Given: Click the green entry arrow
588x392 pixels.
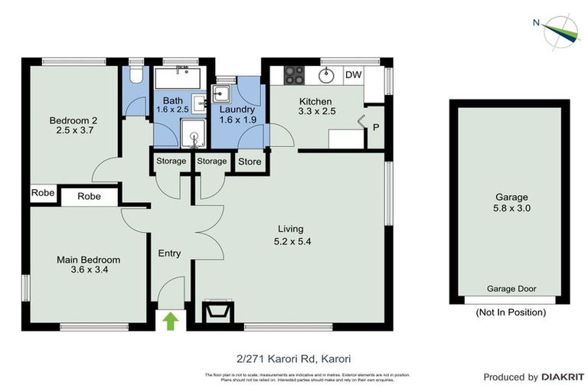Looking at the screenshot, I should tap(171, 320).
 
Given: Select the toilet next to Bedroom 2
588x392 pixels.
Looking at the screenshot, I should tap(135, 74).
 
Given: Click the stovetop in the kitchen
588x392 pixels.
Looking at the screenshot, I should tap(295, 75).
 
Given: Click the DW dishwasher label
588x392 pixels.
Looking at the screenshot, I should tap(353, 74).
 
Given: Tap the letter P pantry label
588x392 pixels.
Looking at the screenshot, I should tap(375, 127).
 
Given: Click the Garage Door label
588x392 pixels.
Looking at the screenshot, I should tap(511, 289).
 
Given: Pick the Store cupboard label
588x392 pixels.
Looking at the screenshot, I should tap(250, 162).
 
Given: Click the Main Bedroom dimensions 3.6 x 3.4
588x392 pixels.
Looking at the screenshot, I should tap(89, 270).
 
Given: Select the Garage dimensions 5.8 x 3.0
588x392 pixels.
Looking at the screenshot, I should tap(512, 207).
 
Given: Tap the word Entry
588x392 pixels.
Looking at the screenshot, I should tap(169, 253).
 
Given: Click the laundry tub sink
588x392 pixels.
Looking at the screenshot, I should tap(223, 94).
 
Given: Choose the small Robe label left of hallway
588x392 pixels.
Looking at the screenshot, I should tap(43, 193).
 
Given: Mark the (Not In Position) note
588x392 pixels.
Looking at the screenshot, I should tap(511, 312).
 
